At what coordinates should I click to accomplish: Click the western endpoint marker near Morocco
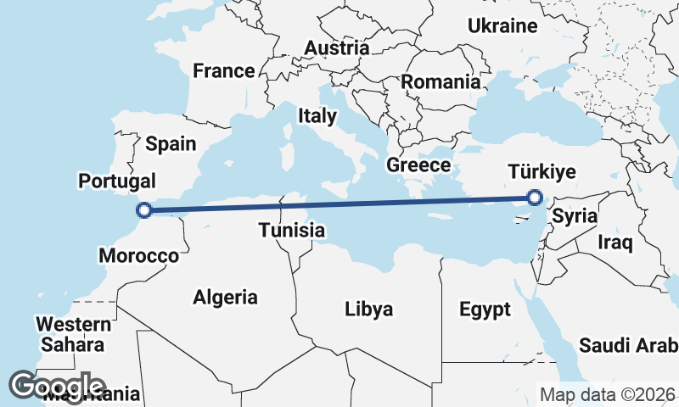(x=145, y=210)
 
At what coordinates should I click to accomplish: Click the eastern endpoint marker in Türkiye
(x=535, y=198)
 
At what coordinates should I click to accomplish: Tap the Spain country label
(x=171, y=143)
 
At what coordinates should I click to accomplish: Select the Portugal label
(x=117, y=181)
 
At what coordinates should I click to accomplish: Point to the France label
(x=224, y=71)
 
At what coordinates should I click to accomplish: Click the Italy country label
(x=317, y=116)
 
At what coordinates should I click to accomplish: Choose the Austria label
(x=337, y=48)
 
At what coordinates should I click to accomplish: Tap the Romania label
(x=441, y=82)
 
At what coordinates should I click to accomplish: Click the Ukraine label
(x=502, y=26)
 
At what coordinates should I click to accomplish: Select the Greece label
(x=418, y=164)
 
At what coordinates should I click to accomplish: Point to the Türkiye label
(x=542, y=172)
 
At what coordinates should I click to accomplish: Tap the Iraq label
(x=615, y=243)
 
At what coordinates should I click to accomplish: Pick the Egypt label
(x=485, y=309)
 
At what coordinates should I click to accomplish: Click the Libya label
(x=369, y=309)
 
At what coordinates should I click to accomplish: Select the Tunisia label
(x=292, y=230)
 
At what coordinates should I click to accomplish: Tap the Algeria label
(x=225, y=298)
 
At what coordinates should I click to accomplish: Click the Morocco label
(x=139, y=255)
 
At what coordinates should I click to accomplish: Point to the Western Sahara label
(x=74, y=335)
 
